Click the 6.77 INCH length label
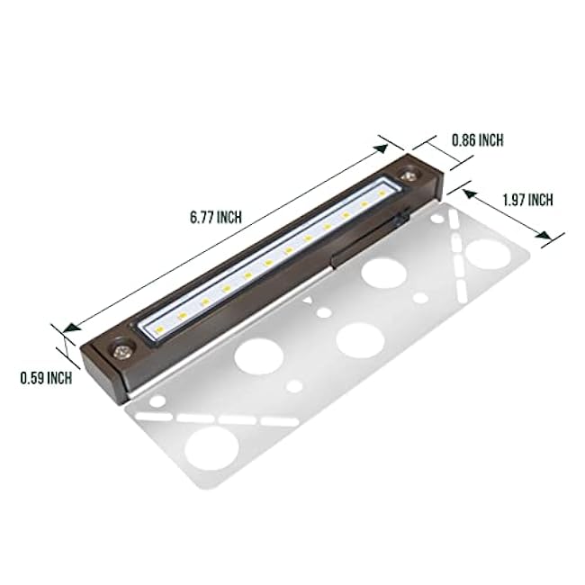point(216,217)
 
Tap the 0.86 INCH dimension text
point(477,139)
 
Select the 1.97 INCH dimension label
point(526,200)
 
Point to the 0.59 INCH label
point(46,379)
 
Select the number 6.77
point(203,217)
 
